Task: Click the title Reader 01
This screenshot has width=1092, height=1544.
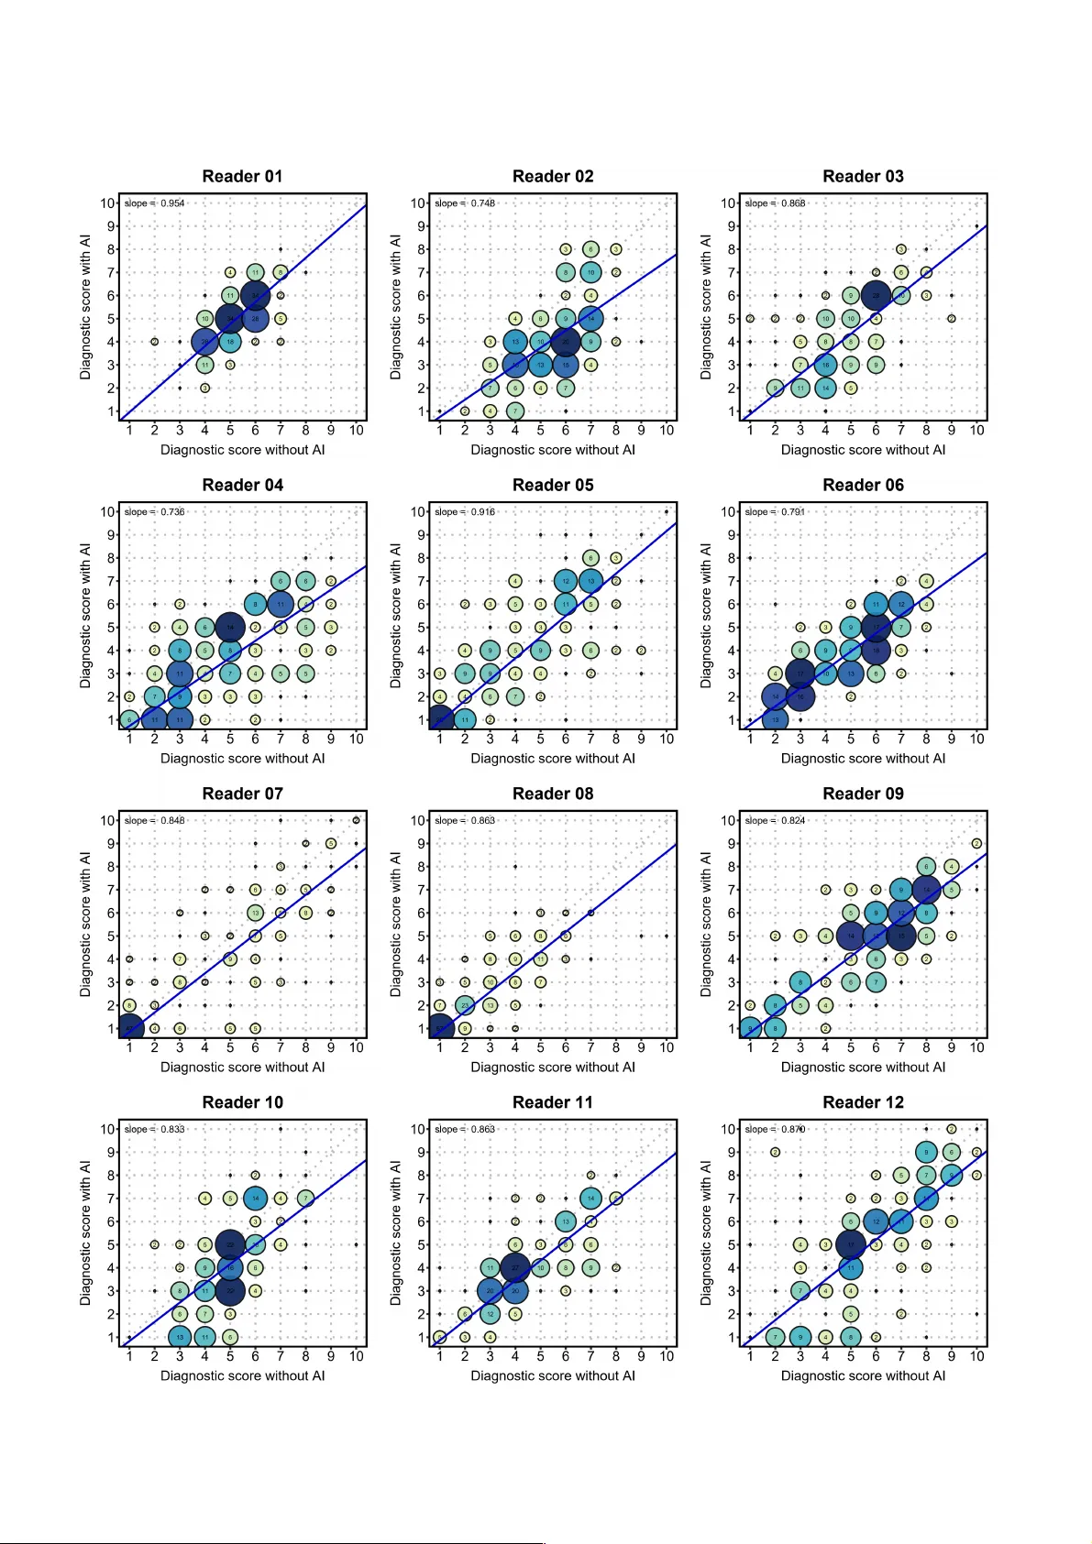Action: [242, 176]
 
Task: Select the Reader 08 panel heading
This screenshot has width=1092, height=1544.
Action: [552, 794]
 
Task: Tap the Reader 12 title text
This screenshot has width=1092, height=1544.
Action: [863, 1102]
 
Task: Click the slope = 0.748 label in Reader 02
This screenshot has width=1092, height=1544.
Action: [465, 203]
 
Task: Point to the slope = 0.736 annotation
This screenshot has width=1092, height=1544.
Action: [154, 512]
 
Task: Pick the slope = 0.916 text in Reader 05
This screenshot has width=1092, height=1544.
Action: [465, 512]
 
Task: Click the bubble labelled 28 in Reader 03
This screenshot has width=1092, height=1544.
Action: [876, 295]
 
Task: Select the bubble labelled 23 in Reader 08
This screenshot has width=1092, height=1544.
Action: [465, 1005]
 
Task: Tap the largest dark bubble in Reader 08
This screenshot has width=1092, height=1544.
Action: [440, 1028]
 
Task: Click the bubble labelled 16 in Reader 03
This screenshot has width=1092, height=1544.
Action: [825, 365]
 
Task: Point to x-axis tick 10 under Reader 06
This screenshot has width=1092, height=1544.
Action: [976, 739]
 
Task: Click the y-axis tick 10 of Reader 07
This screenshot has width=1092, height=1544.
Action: [108, 820]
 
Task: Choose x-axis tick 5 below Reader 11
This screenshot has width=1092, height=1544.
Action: [540, 1356]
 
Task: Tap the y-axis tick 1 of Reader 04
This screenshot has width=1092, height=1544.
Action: [112, 720]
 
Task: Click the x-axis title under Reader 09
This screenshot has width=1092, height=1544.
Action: [863, 1067]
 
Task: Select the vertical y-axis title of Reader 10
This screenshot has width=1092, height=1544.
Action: [85, 1232]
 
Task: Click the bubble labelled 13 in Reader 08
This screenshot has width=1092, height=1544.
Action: [490, 1005]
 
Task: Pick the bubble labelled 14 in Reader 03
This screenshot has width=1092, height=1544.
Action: [825, 388]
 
